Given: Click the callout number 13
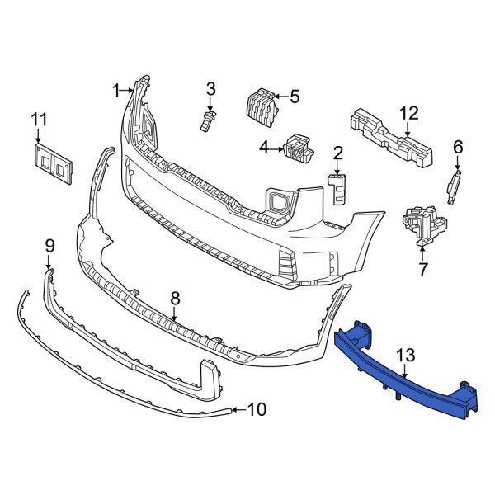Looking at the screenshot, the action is [x=406, y=355].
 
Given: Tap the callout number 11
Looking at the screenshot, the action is [x=39, y=120].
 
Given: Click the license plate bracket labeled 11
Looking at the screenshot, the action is [x=53, y=163].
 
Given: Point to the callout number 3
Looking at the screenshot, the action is [x=211, y=89].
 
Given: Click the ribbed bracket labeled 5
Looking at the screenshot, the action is [x=262, y=108].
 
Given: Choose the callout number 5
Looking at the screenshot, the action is [x=295, y=97].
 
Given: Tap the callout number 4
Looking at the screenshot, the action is [x=265, y=148].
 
